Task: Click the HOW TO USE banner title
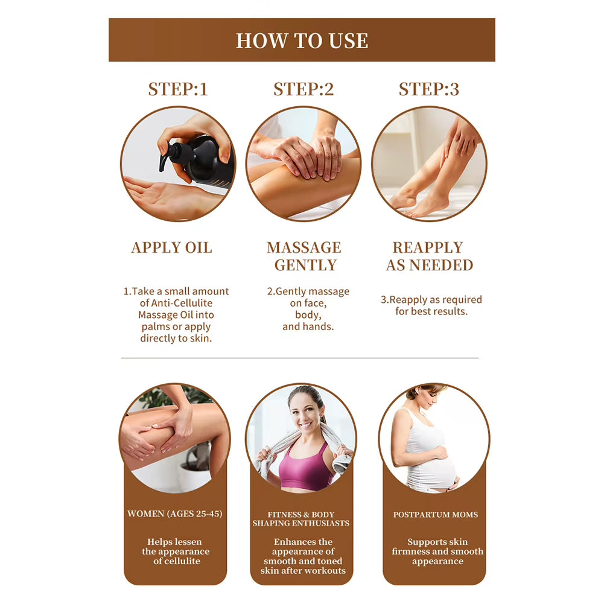pos(302,40)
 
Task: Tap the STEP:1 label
pos(178,89)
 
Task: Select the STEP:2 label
pos(304,89)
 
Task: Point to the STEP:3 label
pos(428,89)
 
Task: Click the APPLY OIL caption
pos(172,248)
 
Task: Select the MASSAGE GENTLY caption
pos(304,256)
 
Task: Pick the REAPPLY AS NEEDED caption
pos(429,256)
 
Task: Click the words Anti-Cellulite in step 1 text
pos(176,303)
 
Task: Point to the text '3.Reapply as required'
pos(431,299)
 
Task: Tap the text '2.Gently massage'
pos(308,291)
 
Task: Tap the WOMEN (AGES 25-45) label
pos(175,514)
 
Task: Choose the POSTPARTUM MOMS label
pos(436,515)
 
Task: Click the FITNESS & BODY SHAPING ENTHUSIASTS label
pos(301,519)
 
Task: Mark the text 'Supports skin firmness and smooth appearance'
pos(437,552)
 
